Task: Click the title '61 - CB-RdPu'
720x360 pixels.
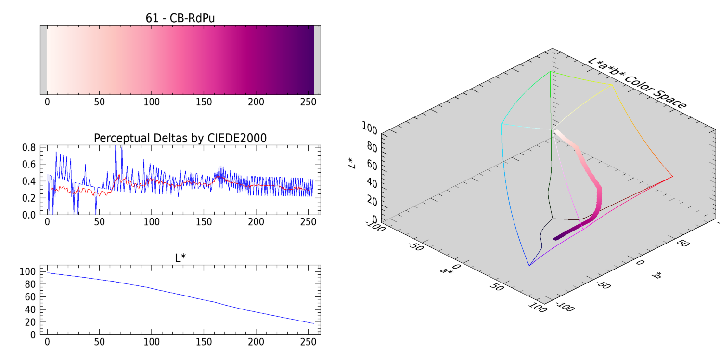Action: coord(180,18)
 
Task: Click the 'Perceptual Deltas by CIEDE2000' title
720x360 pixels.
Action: coord(180,138)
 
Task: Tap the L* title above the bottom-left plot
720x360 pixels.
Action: coord(180,258)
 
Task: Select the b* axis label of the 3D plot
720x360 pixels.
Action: coord(656,275)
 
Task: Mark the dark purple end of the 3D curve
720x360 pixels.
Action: coord(557,238)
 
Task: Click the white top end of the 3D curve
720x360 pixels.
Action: coord(556,131)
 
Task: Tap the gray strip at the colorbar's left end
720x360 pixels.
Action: coord(43,60)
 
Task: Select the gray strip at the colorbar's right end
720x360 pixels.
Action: coord(317,60)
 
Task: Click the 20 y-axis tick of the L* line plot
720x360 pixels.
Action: coord(30,321)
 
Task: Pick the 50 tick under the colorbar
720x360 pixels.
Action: coord(99,102)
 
